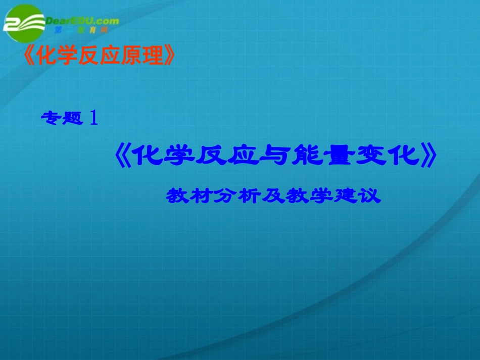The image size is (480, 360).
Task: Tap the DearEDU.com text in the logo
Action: pos(82,21)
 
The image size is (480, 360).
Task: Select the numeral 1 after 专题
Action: pos(93,118)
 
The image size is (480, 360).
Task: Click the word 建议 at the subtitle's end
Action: pos(362,196)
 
